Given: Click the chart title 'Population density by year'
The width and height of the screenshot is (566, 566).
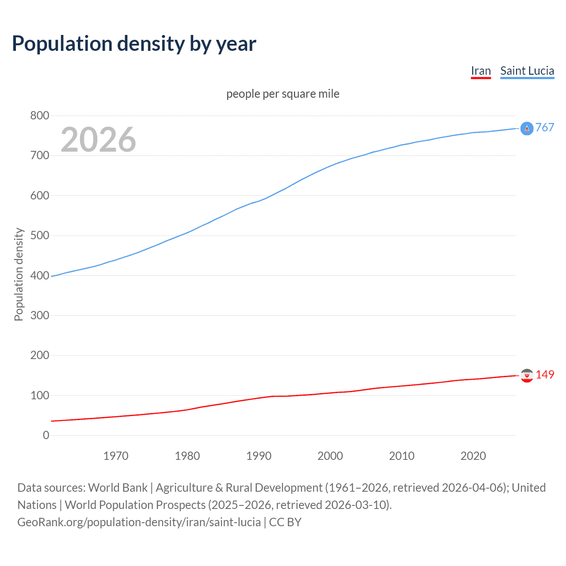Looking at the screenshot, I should point(134,44).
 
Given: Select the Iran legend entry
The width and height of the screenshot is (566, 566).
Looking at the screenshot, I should point(481,71).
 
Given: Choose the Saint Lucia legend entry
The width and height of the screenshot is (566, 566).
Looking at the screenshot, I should point(527,71).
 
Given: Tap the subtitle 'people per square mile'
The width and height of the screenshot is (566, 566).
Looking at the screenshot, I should point(283,94).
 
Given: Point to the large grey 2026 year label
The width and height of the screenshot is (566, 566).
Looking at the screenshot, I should point(98,140).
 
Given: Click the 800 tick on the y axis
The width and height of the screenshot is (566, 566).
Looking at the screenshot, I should point(39,116).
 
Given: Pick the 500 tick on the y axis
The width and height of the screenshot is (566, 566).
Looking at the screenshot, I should point(39,236).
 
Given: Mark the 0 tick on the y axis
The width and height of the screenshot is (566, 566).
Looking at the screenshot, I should point(46,435).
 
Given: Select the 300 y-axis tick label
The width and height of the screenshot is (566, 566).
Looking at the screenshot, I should point(39,315).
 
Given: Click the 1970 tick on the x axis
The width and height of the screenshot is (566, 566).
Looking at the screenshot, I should point(115,456).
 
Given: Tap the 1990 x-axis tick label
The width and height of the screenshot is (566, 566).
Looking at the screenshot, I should point(259,456).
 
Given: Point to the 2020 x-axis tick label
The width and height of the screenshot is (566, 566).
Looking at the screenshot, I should point(473,456).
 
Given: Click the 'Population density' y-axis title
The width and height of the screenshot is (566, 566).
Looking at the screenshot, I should point(19,274).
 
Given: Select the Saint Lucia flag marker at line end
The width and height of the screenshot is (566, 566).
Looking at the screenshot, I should point(527,128).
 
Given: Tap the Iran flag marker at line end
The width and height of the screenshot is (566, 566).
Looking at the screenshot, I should point(527,375).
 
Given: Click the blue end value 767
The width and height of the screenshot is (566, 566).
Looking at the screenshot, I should point(545,128).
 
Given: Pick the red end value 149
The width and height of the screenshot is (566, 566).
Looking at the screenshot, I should point(545,375).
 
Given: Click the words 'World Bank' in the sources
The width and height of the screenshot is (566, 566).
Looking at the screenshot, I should point(118,488).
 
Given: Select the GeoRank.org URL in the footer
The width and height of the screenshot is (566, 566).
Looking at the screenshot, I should point(139,522).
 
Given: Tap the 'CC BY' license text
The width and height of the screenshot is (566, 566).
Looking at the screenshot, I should point(285,522).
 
